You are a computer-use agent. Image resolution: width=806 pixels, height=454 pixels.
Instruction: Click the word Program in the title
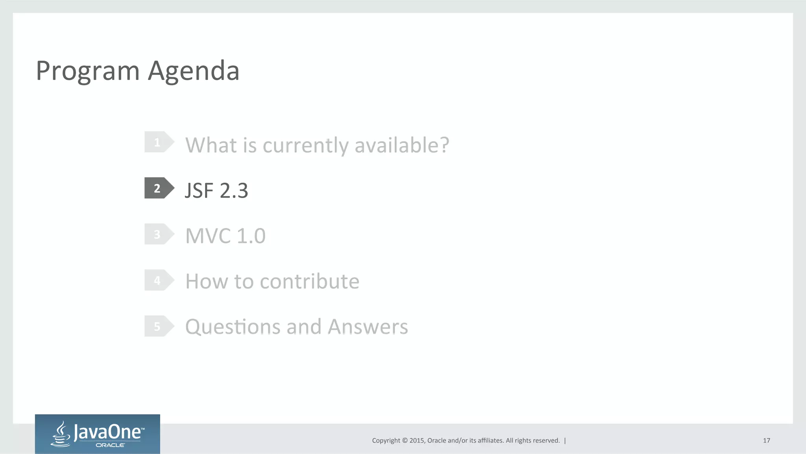[87, 71]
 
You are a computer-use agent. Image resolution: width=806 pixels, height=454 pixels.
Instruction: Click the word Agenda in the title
[193, 71]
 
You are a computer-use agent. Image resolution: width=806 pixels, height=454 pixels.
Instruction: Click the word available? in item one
[401, 145]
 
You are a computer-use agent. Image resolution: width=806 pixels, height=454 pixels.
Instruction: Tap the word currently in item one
[305, 146]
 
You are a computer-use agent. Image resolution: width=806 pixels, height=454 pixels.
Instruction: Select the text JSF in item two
[199, 191]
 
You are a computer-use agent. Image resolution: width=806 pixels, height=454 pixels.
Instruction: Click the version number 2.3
[234, 191]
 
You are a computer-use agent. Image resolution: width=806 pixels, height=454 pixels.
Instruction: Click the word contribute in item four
[309, 281]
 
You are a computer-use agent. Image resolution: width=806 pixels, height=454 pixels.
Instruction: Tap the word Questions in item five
[233, 327]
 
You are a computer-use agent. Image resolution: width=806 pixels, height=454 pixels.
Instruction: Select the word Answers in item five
[368, 327]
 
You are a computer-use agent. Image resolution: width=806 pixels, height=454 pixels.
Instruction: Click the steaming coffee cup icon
[61, 434]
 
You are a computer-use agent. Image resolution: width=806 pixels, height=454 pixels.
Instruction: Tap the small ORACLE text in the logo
[110, 445]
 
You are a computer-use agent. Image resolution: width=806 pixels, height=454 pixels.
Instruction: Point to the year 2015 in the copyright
[416, 441]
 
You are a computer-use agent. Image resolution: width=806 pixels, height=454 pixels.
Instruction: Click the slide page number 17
[766, 441]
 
